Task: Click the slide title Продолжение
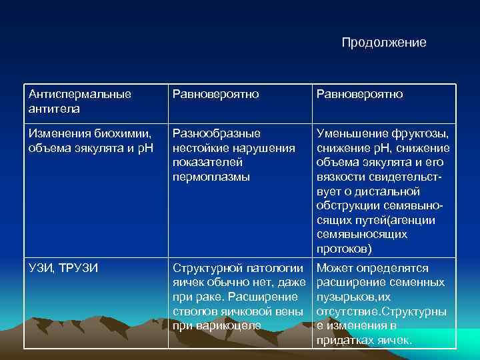click(x=383, y=43)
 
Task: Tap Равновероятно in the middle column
click(x=215, y=95)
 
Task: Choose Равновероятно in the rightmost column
click(x=359, y=95)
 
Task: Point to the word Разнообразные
click(x=216, y=133)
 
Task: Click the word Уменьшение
click(x=351, y=133)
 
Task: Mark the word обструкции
click(x=348, y=205)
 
